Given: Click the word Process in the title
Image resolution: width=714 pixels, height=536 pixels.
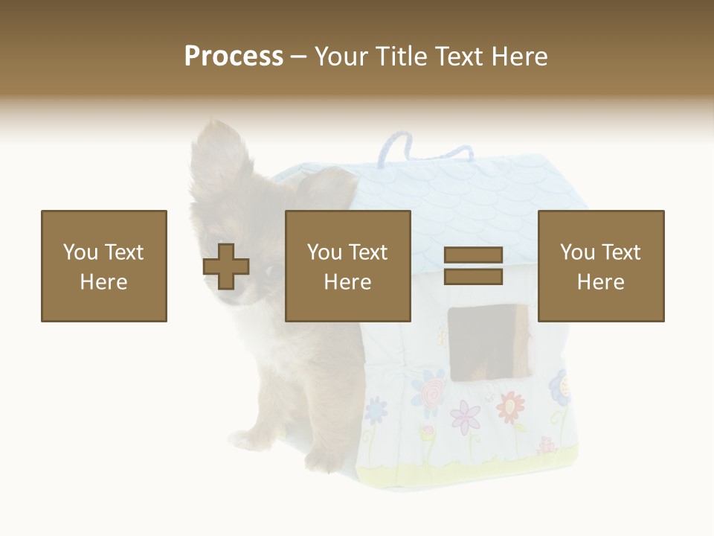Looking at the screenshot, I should click(234, 57).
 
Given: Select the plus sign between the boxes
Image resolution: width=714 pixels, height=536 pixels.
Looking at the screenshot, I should click(226, 267).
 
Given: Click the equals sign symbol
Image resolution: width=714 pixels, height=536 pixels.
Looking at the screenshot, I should click(473, 266).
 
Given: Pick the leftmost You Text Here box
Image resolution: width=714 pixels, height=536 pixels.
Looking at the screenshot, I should click(104, 266).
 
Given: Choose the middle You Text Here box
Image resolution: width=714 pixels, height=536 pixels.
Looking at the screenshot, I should click(348, 266).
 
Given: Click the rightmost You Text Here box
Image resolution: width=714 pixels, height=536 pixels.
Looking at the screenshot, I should click(601, 266).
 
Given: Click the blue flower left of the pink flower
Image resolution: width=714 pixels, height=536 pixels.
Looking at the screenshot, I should click(376, 409).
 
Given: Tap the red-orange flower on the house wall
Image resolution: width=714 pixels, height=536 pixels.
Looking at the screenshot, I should click(510, 406).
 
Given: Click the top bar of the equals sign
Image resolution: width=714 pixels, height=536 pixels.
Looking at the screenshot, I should click(473, 255).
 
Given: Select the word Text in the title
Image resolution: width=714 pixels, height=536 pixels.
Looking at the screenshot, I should click(458, 57).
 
